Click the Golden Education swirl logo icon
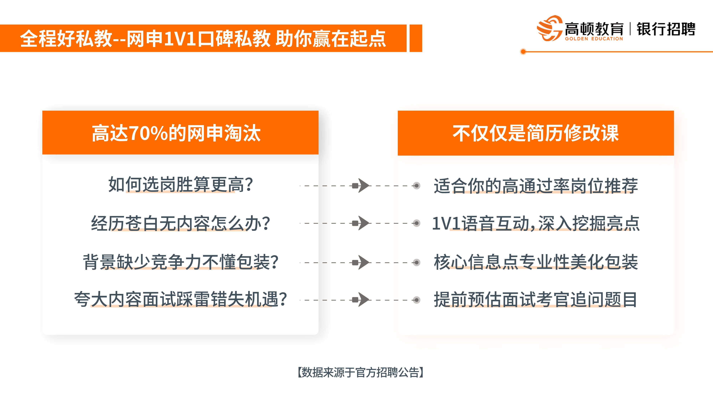pyautogui.click(x=549, y=28)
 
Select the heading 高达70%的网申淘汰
pyautogui.click(x=176, y=133)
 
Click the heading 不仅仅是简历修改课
pyautogui.click(x=536, y=133)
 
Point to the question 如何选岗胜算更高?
pyautogui.click(x=180, y=185)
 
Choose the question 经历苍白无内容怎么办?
pyautogui.click(x=180, y=223)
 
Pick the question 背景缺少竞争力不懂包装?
pyautogui.click(x=180, y=262)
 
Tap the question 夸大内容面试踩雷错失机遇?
pyautogui.click(x=180, y=299)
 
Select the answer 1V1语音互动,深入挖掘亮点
pyautogui.click(x=536, y=223)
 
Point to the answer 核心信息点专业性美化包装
pyautogui.click(x=536, y=262)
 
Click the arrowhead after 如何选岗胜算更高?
pyautogui.click(x=363, y=186)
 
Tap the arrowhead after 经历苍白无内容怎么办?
pyautogui.click(x=363, y=223)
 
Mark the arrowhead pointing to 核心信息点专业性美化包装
pyautogui.click(x=363, y=262)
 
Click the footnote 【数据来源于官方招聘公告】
pyautogui.click(x=360, y=372)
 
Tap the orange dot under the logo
pyautogui.click(x=523, y=52)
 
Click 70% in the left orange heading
pyautogui.click(x=148, y=133)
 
